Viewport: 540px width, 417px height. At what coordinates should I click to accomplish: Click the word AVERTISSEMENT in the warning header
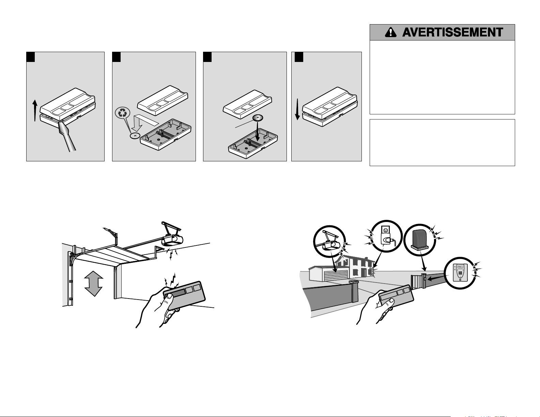click(452, 32)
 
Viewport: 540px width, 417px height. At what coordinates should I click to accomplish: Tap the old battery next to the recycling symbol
click(135, 135)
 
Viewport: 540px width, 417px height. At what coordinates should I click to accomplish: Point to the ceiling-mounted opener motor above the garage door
click(172, 239)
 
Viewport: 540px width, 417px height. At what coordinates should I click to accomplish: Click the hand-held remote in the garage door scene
click(184, 295)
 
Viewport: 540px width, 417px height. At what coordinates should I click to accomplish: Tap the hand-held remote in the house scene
click(396, 296)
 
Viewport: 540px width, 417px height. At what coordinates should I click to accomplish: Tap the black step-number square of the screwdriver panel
click(31, 57)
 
